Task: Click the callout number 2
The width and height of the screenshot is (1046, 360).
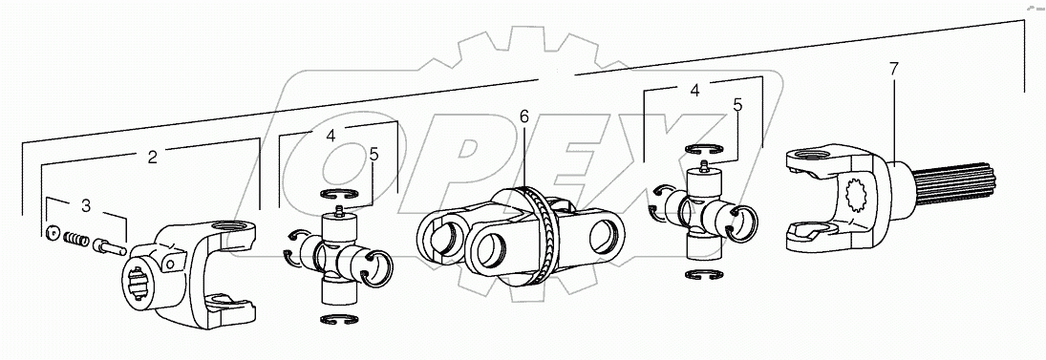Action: [152, 158]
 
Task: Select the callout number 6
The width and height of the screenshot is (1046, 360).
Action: [523, 116]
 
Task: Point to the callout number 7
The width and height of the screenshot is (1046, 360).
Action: [892, 69]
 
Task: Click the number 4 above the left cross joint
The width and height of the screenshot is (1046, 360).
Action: [330, 135]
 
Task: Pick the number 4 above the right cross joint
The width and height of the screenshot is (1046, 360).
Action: [694, 91]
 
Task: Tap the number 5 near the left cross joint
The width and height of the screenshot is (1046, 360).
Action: [374, 153]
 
